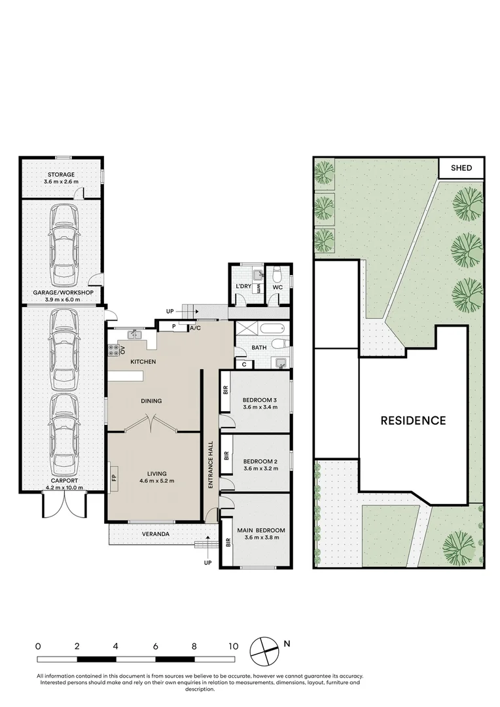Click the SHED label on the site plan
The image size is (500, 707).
pyautogui.click(x=461, y=168)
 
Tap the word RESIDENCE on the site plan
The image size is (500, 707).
pyautogui.click(x=413, y=420)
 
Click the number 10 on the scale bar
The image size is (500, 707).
pyautogui.click(x=232, y=645)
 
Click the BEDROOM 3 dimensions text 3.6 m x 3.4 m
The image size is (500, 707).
pyautogui.click(x=260, y=407)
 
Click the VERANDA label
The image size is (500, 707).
pyautogui.click(x=156, y=534)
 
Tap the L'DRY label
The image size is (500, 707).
pyautogui.click(x=243, y=287)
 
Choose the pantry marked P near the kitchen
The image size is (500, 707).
pyautogui.click(x=173, y=325)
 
